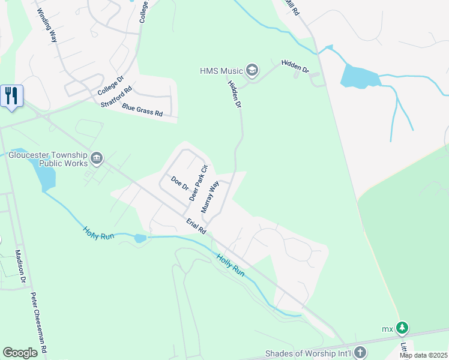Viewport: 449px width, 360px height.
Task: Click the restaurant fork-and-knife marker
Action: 11,96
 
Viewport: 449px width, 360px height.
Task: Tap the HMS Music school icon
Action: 252,71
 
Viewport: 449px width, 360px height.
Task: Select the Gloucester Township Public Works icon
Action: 97,158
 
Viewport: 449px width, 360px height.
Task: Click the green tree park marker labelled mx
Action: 402,328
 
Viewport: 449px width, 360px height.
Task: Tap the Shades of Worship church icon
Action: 360,352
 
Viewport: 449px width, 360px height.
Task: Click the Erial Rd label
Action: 196,226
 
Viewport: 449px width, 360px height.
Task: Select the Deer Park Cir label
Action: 197,182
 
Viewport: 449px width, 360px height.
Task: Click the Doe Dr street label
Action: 179,182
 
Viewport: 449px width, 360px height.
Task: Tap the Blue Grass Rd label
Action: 142,109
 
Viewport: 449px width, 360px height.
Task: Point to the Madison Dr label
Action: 21,266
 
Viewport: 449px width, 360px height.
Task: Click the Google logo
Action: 20,353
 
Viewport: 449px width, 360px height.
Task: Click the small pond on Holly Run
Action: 140,238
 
